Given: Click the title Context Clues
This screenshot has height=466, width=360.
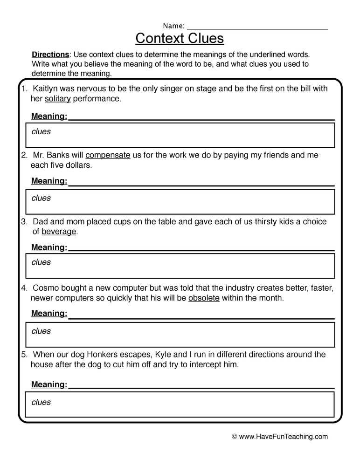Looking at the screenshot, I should [x=180, y=38].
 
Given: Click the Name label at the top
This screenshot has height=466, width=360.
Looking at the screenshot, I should [x=173, y=26].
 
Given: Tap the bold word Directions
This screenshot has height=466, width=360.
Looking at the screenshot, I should [x=50, y=55].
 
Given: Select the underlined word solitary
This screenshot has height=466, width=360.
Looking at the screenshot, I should [x=57, y=99].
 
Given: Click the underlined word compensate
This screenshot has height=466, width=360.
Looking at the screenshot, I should [x=108, y=155].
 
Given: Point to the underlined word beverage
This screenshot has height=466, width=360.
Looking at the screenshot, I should [x=59, y=232].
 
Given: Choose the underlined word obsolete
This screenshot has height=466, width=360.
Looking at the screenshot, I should [x=204, y=298].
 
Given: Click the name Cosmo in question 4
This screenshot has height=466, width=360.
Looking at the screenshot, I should [x=46, y=288].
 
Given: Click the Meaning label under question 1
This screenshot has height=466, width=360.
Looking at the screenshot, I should [x=49, y=116].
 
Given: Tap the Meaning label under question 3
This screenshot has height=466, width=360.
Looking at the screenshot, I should [x=49, y=247].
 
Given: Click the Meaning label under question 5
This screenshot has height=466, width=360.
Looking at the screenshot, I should [x=49, y=384].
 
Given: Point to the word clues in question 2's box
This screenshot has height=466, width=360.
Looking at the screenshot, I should [x=41, y=198].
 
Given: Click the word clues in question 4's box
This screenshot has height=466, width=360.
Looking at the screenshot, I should [x=41, y=331].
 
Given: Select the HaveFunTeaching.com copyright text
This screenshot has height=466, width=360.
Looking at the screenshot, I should [x=280, y=437].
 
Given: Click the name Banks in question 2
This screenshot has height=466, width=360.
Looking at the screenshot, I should [x=60, y=155].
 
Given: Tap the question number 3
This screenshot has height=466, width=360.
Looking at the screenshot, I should [x=23, y=222].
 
